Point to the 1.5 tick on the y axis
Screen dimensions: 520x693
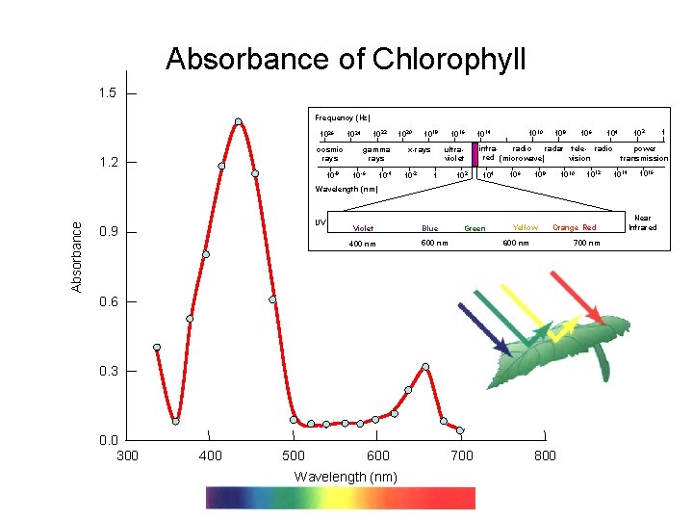pos(106,93)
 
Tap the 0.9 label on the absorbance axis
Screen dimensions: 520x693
pos(106,232)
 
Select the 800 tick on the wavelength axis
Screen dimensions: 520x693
pos(545,455)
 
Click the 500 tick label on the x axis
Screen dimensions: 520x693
pos(294,455)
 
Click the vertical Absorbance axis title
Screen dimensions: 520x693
pos(77,255)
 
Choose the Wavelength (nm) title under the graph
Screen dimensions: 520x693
pos(345,477)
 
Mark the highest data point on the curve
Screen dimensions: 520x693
pos(238,122)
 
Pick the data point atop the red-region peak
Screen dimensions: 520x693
pos(425,367)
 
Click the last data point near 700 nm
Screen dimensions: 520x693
pos(460,430)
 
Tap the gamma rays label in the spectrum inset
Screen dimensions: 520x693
pos(375,154)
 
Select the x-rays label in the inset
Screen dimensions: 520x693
pos(419,150)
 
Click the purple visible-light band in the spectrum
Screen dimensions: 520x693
pos(475,154)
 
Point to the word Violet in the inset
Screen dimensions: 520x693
pos(363,228)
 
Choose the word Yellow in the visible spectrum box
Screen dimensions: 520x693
pos(526,227)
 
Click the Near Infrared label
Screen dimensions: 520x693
pos(642,223)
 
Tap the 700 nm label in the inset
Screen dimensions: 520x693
pos(586,244)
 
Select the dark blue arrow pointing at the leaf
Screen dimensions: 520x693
pos(485,328)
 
